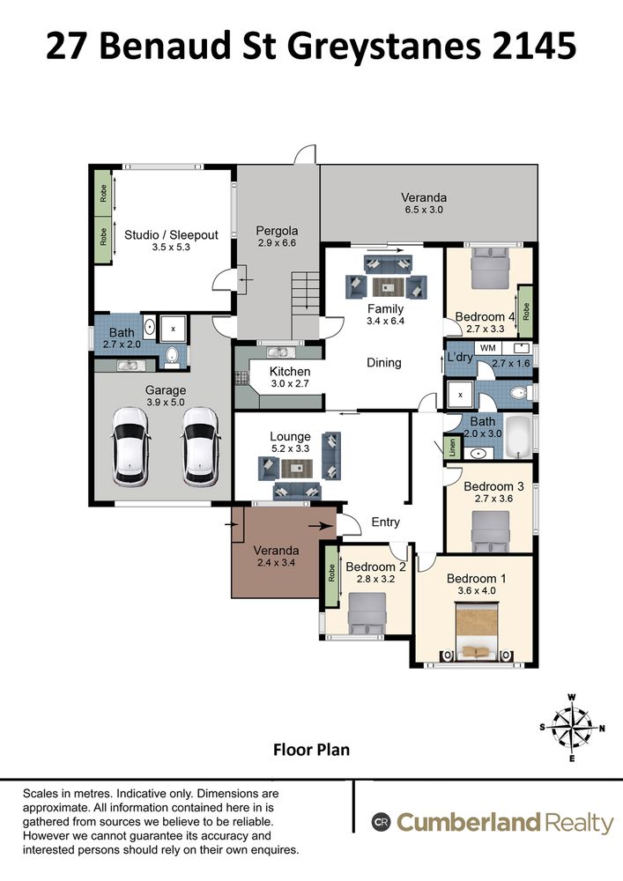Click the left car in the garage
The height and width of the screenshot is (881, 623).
click(x=131, y=447)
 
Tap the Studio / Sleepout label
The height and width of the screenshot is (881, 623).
click(x=171, y=235)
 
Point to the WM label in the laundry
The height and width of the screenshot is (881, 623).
click(x=487, y=348)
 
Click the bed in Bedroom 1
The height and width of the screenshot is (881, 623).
click(x=477, y=632)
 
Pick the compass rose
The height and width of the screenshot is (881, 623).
click(x=572, y=729)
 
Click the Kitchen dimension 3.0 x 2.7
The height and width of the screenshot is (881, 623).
click(x=290, y=384)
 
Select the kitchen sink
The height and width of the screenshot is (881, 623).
click(x=278, y=352)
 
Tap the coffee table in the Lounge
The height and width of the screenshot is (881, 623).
click(x=297, y=468)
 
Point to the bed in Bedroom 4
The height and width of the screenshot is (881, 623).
click(x=489, y=269)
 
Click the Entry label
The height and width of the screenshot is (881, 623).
click(x=385, y=522)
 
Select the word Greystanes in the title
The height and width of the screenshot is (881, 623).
click(x=384, y=46)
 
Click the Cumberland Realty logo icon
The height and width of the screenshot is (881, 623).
click(x=381, y=823)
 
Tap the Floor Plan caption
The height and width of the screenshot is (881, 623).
click(x=311, y=750)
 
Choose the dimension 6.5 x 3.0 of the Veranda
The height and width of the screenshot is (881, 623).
click(x=424, y=210)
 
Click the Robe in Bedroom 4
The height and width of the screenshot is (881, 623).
click(x=525, y=311)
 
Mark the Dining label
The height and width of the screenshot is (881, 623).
click(x=384, y=363)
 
